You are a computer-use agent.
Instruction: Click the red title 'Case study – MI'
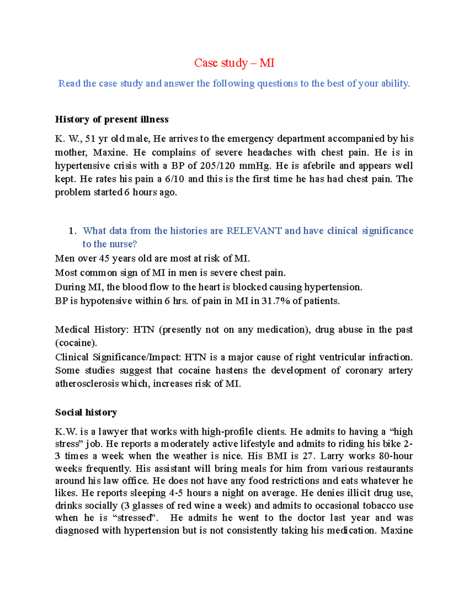(234, 63)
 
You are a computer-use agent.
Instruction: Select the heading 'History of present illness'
(112, 120)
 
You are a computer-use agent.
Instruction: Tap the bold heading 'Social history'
(86, 412)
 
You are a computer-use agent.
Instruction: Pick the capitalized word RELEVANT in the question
(254, 231)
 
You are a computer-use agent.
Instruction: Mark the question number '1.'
(72, 231)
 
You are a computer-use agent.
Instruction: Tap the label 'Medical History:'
(91, 330)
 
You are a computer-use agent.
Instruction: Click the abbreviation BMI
(277, 456)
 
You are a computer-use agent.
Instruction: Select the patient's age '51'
(90, 139)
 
